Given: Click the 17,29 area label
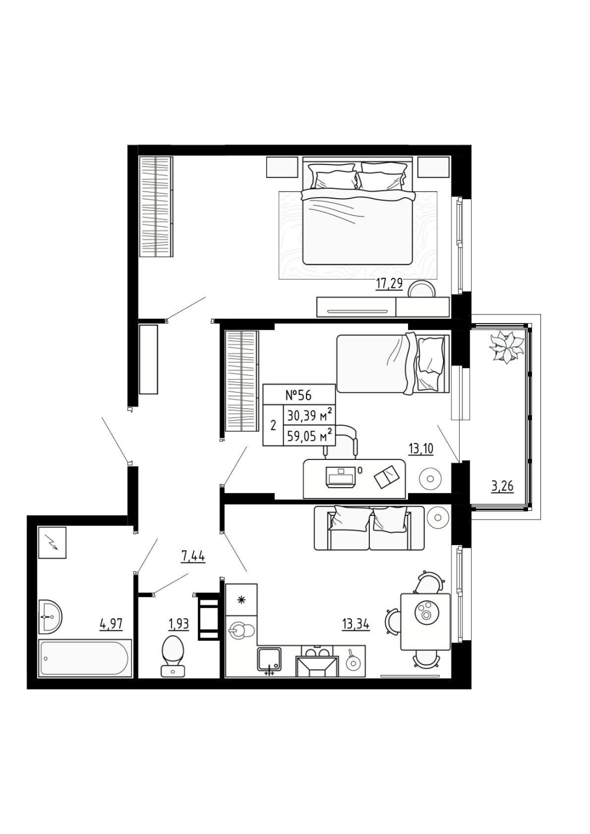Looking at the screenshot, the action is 389,285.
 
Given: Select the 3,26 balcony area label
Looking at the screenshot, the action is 502,486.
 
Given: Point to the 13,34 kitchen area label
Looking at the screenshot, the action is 356,624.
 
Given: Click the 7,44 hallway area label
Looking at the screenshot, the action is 193,557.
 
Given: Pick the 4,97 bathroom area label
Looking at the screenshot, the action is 111,624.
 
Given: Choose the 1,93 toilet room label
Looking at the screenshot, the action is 179,624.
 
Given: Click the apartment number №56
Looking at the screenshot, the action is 298,395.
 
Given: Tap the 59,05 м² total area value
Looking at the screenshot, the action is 309,435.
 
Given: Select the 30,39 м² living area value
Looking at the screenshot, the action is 309,415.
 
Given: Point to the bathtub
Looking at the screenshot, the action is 85,658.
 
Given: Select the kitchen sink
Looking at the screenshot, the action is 269,659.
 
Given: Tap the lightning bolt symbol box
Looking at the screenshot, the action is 53,542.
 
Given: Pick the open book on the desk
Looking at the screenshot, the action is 387,476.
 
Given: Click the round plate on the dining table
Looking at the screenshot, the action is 425,611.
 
